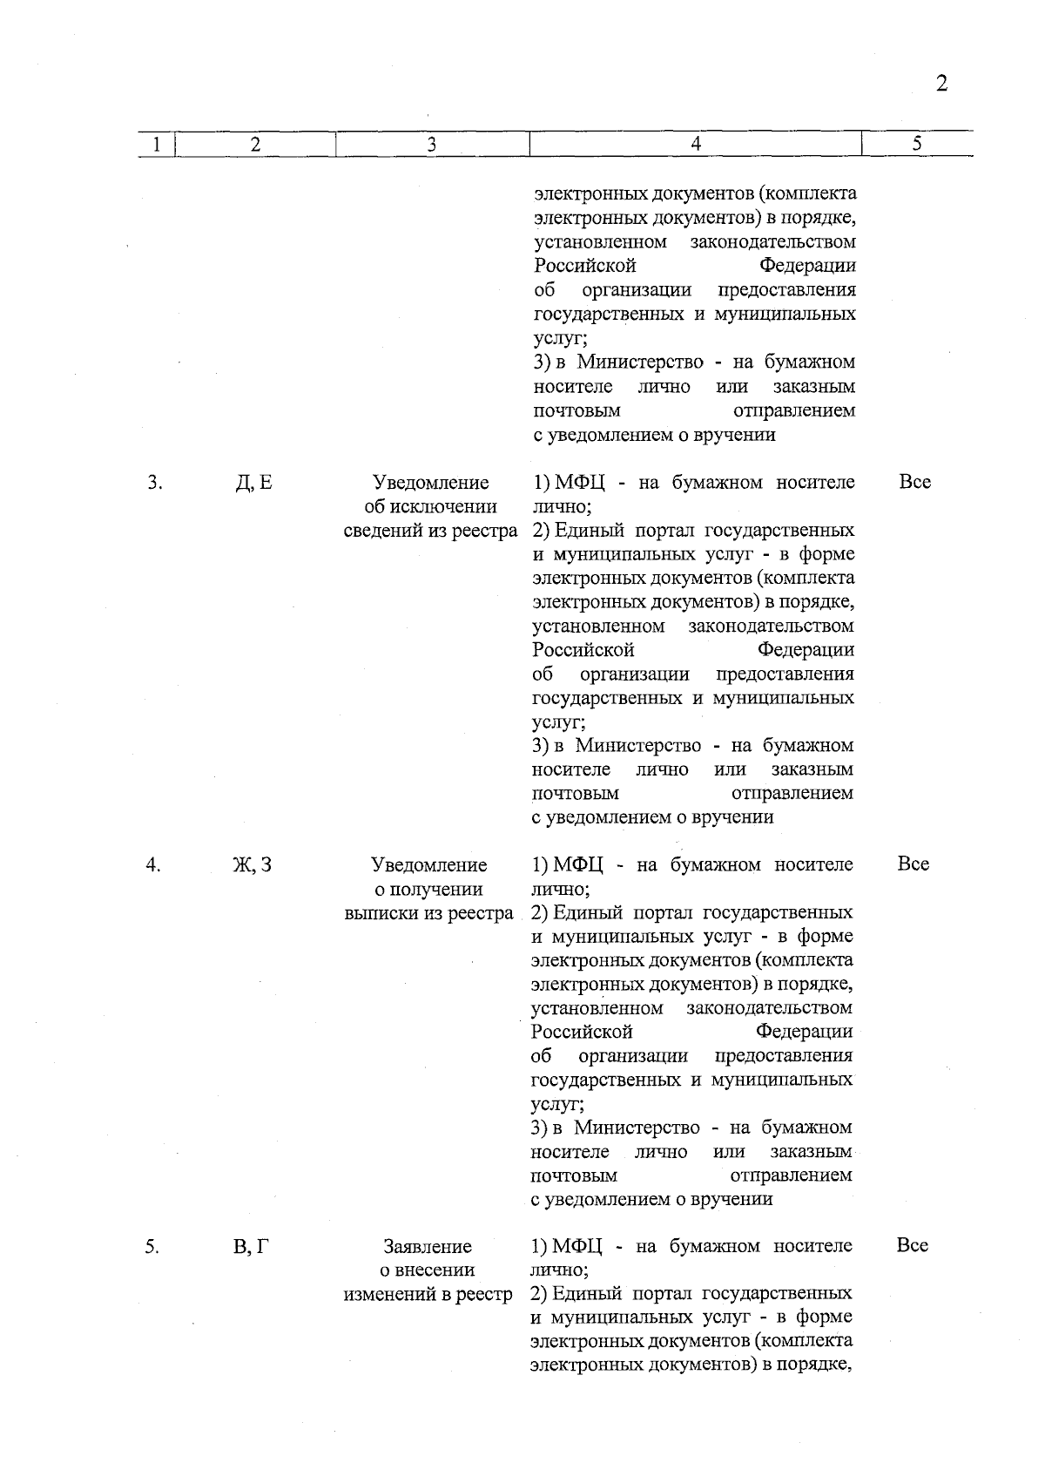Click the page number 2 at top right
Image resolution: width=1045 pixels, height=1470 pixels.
tap(940, 84)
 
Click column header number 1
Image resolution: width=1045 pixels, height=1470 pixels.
tap(156, 145)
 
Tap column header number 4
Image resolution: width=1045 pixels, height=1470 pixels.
tap(695, 145)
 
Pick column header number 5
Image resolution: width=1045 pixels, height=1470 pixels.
tap(917, 145)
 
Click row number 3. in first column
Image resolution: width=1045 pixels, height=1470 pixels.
tap(153, 482)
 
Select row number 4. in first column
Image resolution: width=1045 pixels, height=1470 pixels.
tap(153, 864)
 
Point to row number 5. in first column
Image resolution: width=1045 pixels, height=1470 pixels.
tap(152, 1247)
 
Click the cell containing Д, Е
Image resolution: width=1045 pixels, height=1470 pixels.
tap(254, 482)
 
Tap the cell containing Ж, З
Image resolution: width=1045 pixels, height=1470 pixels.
tap(253, 864)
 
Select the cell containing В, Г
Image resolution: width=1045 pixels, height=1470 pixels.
tap(252, 1247)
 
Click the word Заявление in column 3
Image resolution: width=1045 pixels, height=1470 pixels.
tap(428, 1247)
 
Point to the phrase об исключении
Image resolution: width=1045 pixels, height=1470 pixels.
tap(430, 506)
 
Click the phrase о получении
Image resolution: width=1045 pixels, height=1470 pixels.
tap(428, 889)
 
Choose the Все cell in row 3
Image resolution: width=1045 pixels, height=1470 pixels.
tap(914, 482)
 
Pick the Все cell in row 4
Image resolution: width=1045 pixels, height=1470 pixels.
tap(914, 864)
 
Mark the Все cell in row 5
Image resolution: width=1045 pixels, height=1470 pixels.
tap(913, 1246)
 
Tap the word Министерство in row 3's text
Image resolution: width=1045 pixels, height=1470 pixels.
tap(638, 746)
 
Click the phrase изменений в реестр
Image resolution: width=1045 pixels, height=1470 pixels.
tap(428, 1295)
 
